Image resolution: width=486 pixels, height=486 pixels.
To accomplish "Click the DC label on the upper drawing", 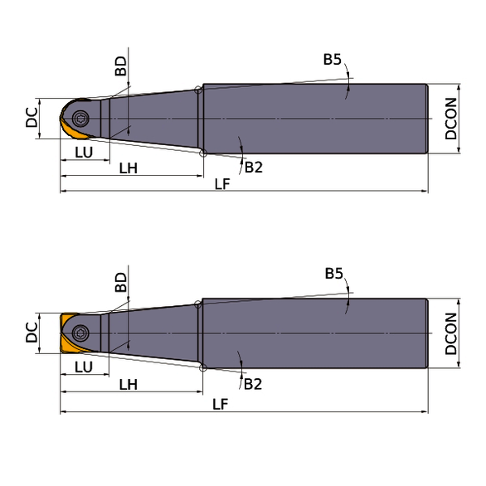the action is [32, 118].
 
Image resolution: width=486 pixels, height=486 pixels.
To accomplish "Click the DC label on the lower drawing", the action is [32, 333].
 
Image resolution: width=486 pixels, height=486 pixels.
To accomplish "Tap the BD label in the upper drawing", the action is [120, 66].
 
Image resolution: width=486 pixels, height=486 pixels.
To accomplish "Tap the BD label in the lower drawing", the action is [120, 282].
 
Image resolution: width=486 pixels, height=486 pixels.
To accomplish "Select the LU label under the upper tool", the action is [84, 153].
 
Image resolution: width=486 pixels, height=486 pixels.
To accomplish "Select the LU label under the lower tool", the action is [84, 367].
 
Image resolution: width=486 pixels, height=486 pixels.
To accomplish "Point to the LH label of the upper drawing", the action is [129, 168].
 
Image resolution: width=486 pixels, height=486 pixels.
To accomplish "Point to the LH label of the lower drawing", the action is [129, 385].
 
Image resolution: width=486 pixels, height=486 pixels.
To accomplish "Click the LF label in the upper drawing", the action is [222, 184].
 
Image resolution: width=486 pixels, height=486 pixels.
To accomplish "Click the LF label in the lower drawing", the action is [221, 405].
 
